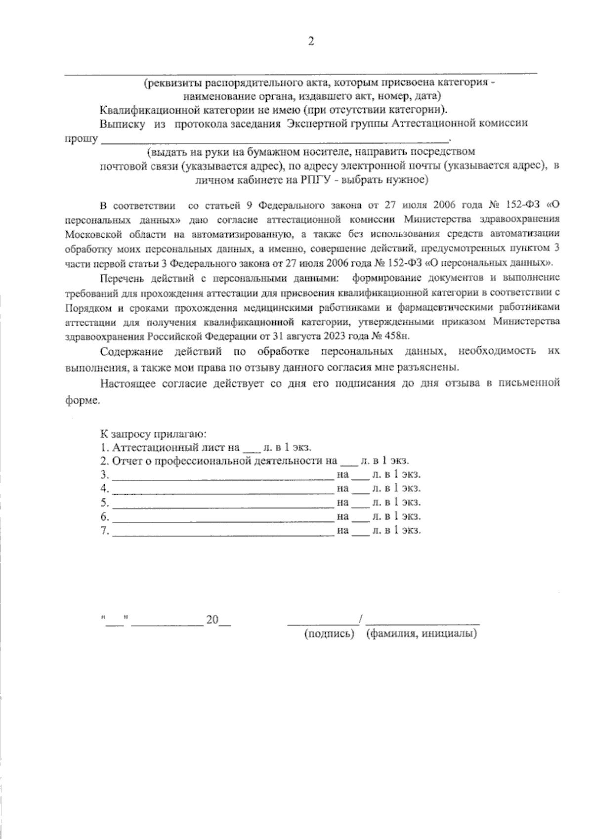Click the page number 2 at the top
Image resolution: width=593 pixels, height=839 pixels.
coord(311,42)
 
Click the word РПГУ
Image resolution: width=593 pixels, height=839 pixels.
coord(315,180)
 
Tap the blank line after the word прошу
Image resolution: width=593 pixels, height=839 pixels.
coord(274,140)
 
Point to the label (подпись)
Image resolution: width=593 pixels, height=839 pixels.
coord(330,633)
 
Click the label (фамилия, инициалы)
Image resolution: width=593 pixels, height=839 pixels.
coord(422,633)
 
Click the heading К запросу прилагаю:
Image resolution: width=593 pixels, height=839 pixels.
coord(153,434)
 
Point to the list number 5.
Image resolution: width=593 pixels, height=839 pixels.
coord(104,503)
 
